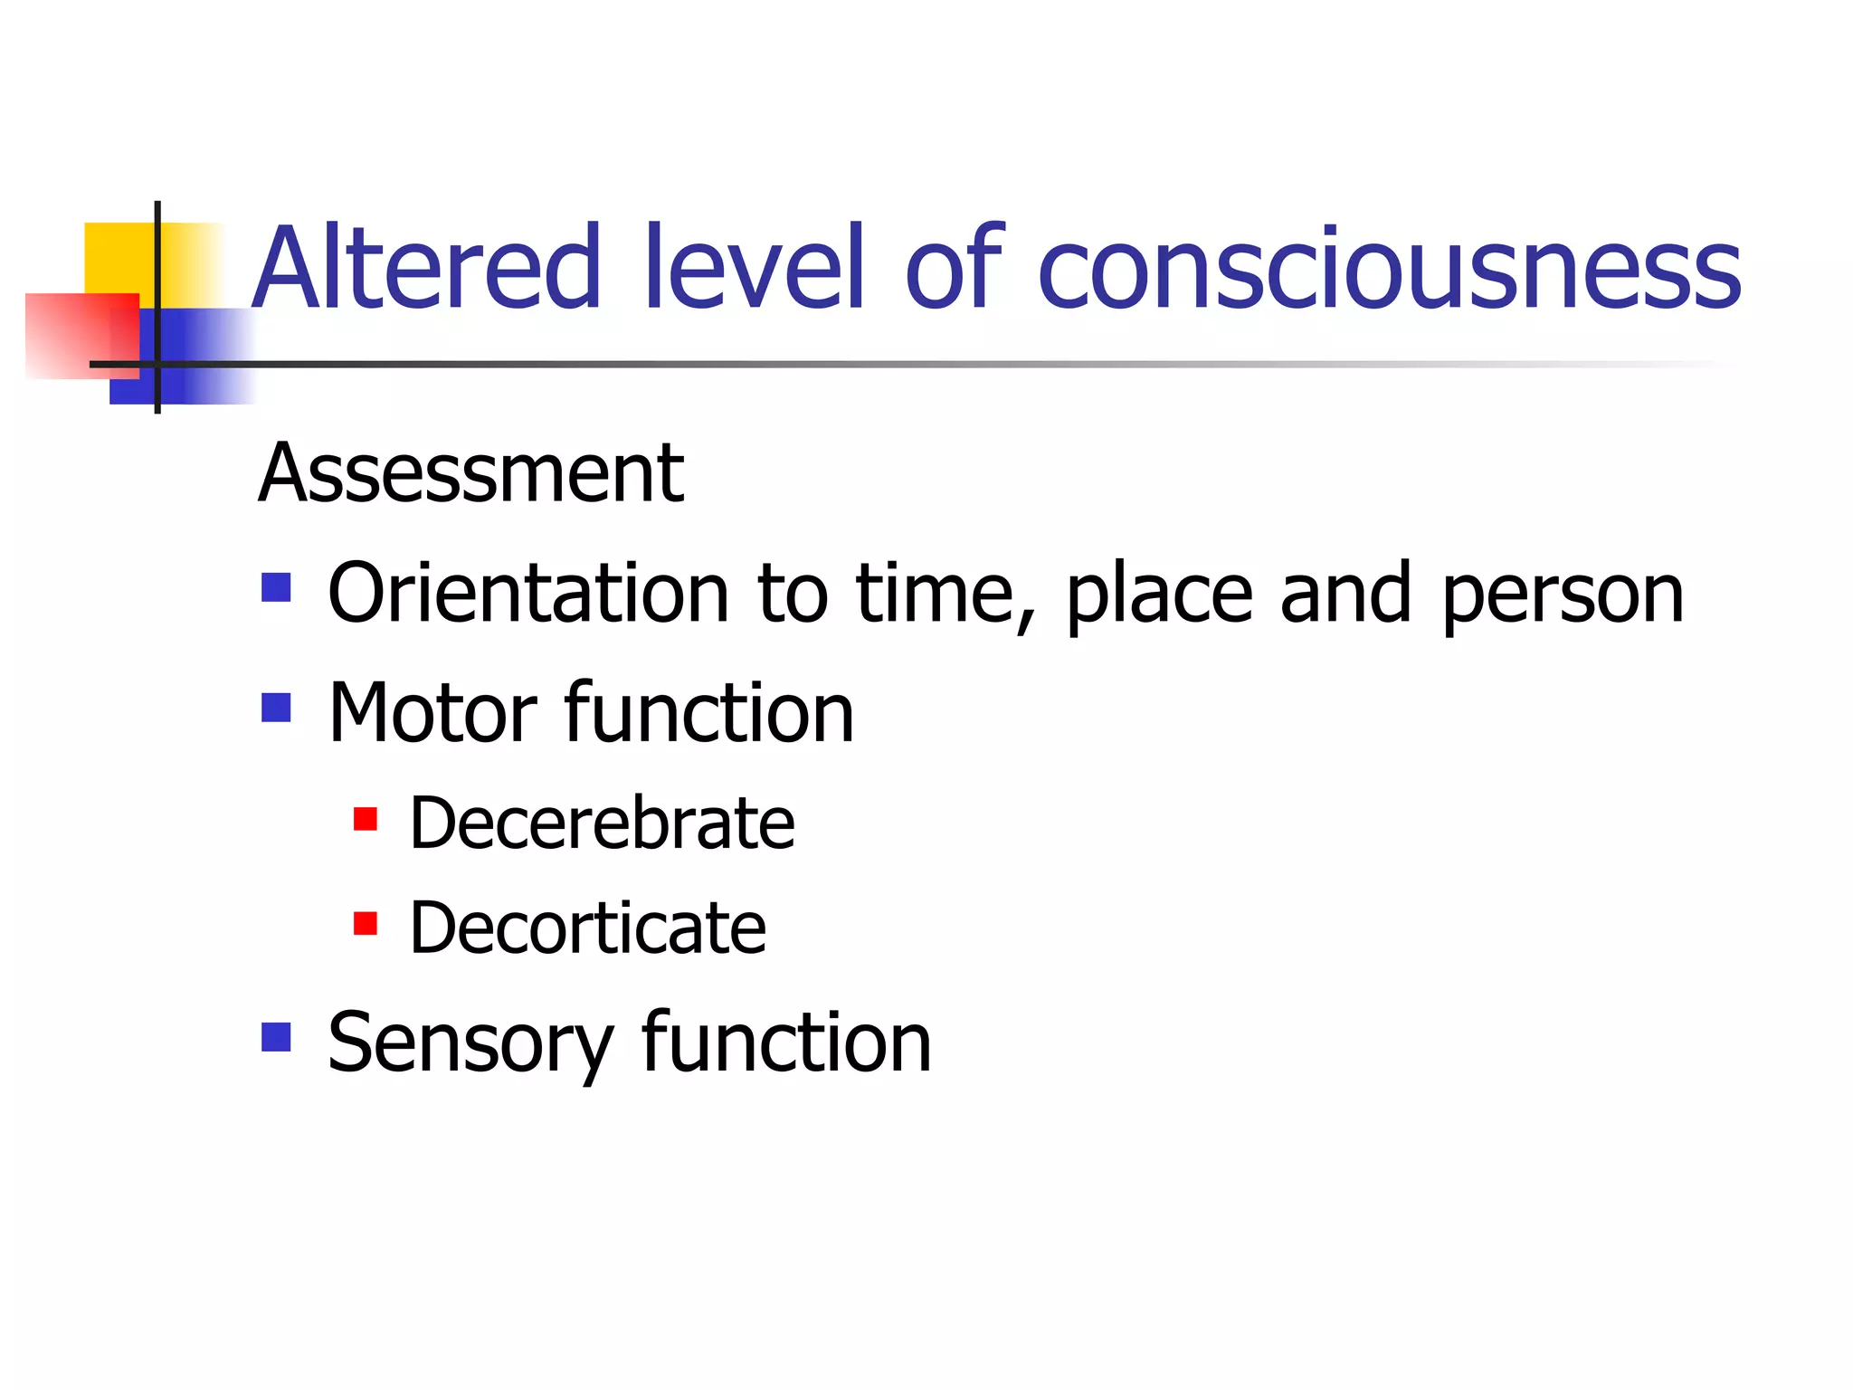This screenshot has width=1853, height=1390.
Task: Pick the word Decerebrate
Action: [x=602, y=823]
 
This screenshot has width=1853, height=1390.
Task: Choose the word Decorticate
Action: [x=587, y=928]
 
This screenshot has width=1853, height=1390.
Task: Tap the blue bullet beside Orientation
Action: [x=276, y=587]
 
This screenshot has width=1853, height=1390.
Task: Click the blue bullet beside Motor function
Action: [x=276, y=708]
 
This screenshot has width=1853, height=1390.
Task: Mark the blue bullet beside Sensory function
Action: [x=276, y=1037]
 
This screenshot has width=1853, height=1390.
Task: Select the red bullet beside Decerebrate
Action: [x=366, y=819]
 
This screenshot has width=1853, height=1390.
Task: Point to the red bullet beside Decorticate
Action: [x=366, y=923]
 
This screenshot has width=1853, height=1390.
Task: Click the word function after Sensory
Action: [x=786, y=1042]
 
